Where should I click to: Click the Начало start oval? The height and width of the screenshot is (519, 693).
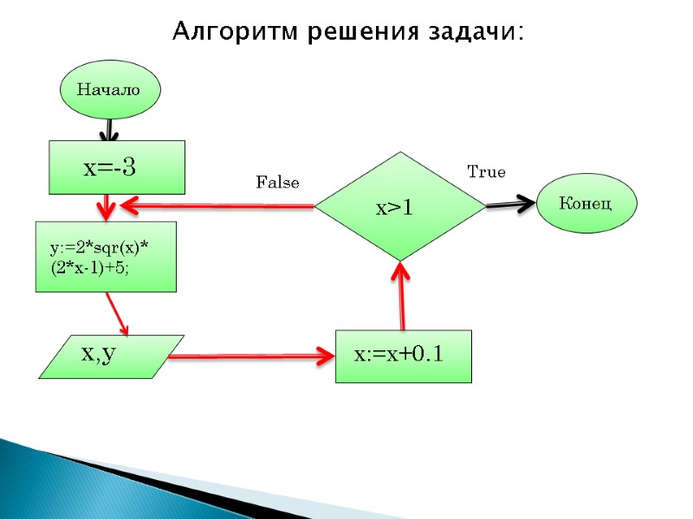pyautogui.click(x=109, y=90)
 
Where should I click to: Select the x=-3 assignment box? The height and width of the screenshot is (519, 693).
pyautogui.click(x=116, y=167)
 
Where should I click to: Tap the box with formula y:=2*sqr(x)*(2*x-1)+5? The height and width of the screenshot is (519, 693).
pyautogui.click(x=106, y=256)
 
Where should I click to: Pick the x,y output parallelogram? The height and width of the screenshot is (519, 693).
pyautogui.click(x=111, y=356)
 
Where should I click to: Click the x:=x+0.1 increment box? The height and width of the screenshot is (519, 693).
pyautogui.click(x=403, y=356)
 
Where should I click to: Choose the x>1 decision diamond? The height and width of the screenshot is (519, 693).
pyautogui.click(x=399, y=206)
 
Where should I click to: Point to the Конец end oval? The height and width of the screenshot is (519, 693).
pyautogui.click(x=586, y=204)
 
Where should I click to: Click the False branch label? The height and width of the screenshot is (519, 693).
pyautogui.click(x=277, y=183)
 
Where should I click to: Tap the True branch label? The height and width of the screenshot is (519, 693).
pyautogui.click(x=486, y=172)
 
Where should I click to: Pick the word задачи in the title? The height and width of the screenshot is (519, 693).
pyautogui.click(x=476, y=33)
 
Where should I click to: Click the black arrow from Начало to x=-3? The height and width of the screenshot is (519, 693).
pyautogui.click(x=108, y=130)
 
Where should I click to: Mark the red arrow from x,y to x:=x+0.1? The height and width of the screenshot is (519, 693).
pyautogui.click(x=251, y=356)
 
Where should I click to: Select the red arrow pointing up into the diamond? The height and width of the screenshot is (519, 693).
pyautogui.click(x=401, y=294)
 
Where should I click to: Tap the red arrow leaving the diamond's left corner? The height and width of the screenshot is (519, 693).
pyautogui.click(x=217, y=206)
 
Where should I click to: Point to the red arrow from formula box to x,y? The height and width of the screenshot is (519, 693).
pyautogui.click(x=117, y=313)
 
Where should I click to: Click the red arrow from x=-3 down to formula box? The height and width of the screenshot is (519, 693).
pyautogui.click(x=107, y=207)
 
